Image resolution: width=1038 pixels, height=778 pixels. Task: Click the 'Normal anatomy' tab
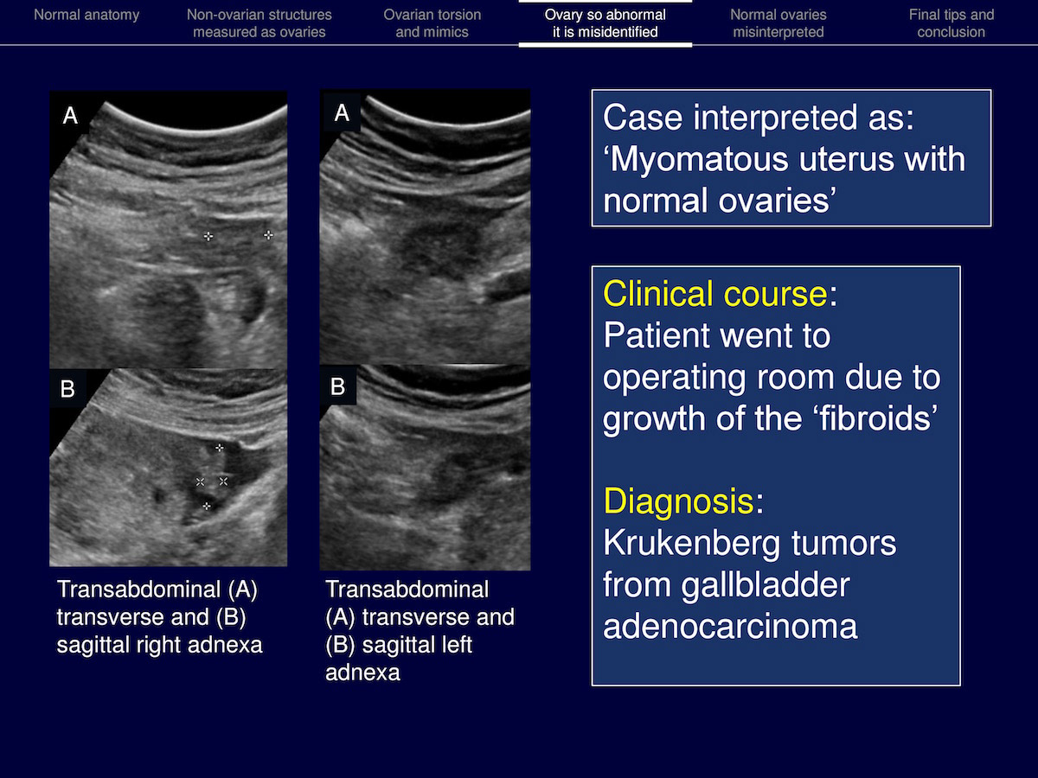[86, 15]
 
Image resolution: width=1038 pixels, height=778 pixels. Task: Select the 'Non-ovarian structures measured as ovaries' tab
[259, 23]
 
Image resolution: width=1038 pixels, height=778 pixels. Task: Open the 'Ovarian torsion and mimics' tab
[432, 23]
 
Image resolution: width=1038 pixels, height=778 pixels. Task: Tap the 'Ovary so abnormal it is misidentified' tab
[605, 23]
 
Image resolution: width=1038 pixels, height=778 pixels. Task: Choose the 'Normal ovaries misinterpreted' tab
[778, 23]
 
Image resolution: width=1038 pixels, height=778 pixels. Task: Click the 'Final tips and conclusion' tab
[951, 23]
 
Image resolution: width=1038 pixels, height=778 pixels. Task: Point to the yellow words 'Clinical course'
[715, 294]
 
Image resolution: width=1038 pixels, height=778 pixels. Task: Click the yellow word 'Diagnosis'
[679, 501]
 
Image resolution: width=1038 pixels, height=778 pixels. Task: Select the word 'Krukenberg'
[691, 543]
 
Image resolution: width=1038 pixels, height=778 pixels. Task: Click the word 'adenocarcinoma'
[730, 627]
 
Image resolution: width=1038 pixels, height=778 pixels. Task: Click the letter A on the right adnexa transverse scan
[70, 115]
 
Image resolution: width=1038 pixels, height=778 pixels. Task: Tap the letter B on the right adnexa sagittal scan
[67, 389]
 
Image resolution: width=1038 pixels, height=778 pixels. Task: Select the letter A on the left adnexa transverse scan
[342, 113]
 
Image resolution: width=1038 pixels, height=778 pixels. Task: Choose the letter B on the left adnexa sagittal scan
[337, 386]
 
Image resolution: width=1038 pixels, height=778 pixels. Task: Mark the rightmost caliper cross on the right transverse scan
[268, 235]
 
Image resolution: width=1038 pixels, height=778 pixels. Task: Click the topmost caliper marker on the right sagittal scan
[220, 447]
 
